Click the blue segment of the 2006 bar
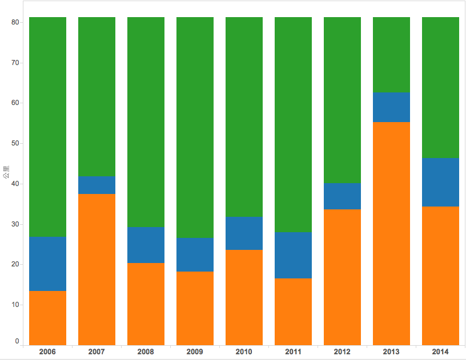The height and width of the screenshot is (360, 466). pos(47,264)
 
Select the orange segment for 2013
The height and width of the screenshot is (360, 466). pos(391,233)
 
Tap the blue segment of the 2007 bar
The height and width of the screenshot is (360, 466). pos(97,185)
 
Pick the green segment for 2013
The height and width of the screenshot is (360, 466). pos(391,55)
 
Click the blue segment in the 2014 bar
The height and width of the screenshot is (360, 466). pos(440,182)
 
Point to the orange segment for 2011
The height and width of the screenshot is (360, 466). pos(293,311)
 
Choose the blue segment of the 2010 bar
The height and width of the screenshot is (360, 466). pos(244,233)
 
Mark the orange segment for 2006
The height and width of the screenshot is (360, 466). pos(47,317)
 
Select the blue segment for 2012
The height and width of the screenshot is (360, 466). pos(342,196)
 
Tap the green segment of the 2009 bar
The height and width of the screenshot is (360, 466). pos(195,127)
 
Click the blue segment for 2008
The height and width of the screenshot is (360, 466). pos(146,245)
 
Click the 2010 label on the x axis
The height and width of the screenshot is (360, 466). pos(244,352)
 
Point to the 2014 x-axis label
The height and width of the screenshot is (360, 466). pos(440,352)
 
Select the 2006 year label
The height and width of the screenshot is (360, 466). pos(47,352)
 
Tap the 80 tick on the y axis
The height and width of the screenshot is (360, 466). pos(15,22)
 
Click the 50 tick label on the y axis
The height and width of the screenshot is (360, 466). pos(15,143)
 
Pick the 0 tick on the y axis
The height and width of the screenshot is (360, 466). pos(17,341)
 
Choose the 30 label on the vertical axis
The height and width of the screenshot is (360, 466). pos(15,224)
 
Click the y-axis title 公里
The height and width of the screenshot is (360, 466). pos(6,172)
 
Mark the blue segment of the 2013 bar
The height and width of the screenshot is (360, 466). pos(391,107)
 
